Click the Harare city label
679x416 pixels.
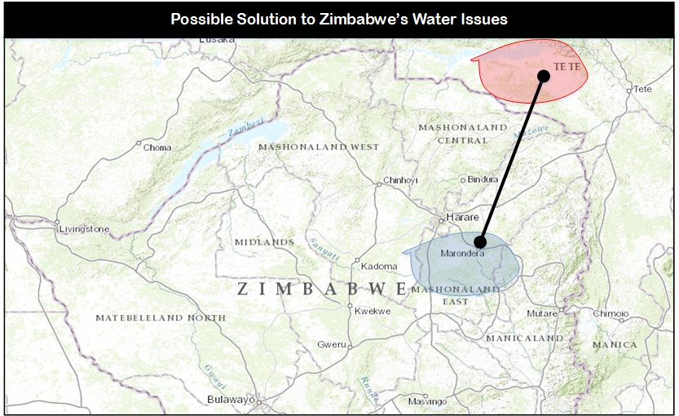pos(462,218)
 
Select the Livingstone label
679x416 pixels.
pos(84,229)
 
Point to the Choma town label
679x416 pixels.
pos(157,148)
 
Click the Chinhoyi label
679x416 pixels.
pos(400,180)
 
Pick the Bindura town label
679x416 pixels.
pos(483,179)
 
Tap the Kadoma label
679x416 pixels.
pos(380,267)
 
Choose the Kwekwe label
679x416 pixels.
pos(373,312)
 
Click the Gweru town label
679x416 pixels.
pos(332,345)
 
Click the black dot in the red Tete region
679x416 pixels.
pos(544,76)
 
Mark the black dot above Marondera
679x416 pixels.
pos(480,241)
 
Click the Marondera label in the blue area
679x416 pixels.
pos(462,254)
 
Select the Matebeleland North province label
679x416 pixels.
pos(161,317)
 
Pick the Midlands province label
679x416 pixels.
pos(263,242)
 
